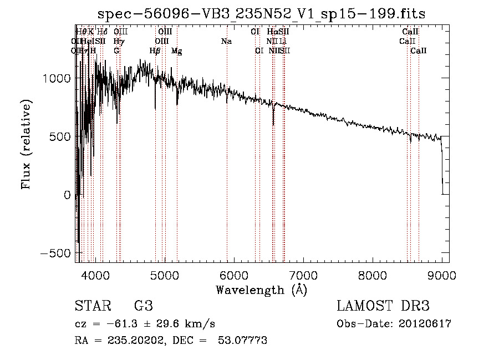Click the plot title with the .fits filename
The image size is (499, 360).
point(261,14)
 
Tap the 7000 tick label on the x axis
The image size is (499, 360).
point(303,274)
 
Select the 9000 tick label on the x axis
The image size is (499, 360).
point(442,274)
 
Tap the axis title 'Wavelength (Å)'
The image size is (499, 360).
point(261,290)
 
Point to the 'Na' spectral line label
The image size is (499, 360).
point(226,42)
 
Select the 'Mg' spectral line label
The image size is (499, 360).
point(176,51)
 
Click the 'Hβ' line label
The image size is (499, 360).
point(155,51)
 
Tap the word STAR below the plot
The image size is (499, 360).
point(89,306)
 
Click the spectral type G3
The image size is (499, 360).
point(143,306)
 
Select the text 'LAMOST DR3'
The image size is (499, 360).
point(383,306)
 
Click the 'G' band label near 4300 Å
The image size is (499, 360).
point(116,51)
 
